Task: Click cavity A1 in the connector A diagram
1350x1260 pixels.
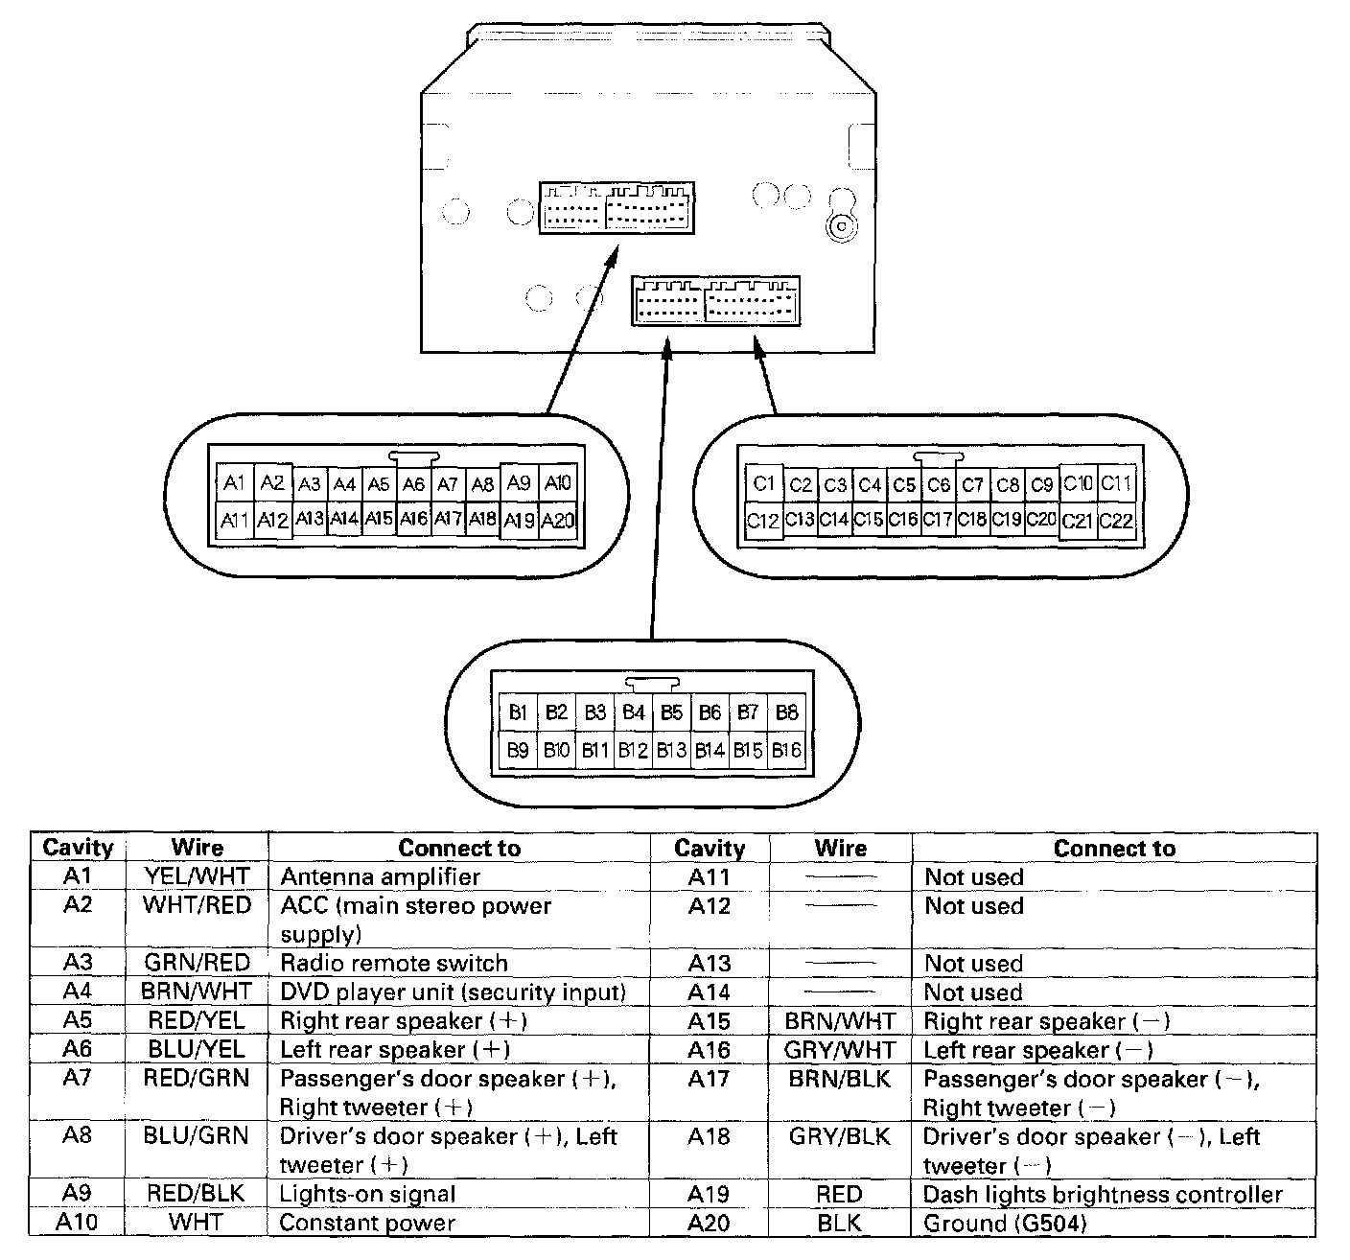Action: tap(235, 483)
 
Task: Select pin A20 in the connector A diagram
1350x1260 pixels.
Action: tap(557, 521)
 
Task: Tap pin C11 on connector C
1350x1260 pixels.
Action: tap(1116, 484)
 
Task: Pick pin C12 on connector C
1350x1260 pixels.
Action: tap(762, 521)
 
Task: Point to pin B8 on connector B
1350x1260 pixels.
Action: tap(786, 712)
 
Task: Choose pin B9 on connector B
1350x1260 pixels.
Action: tap(518, 750)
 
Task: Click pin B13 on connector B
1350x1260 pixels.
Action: tap(671, 750)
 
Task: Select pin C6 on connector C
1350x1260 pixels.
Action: tap(938, 485)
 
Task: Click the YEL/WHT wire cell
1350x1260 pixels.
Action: tap(197, 876)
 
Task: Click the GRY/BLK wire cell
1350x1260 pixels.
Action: tap(840, 1136)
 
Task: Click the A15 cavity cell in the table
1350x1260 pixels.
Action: tap(710, 1021)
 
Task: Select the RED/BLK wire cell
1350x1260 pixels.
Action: tap(197, 1194)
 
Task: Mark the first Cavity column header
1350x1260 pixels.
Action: tap(78, 848)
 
